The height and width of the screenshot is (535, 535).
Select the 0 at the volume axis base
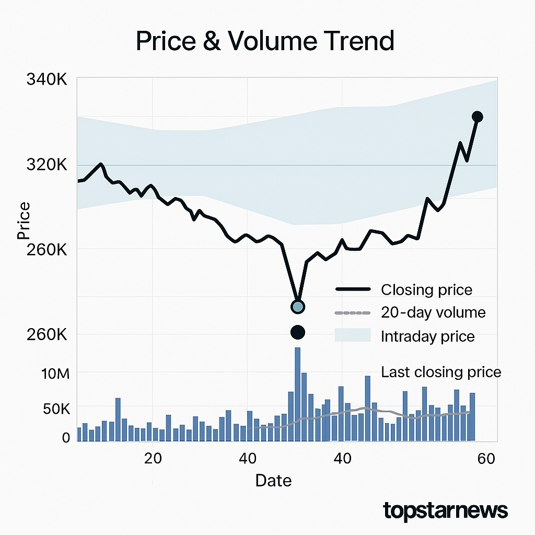coord(66,438)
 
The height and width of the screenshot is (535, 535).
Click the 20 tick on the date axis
coord(153,459)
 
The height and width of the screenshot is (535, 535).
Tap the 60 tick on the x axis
coord(486,459)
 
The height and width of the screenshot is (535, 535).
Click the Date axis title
coord(273,481)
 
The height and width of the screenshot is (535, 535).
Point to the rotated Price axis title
coord(24,220)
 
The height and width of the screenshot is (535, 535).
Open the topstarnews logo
coord(445,510)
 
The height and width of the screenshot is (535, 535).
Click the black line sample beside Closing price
coord(353,289)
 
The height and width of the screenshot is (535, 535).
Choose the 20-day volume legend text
coord(433,312)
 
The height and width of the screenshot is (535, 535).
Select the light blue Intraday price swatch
coord(353,335)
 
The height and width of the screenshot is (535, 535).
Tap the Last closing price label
coord(441,372)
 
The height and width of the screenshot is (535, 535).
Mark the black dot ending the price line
coord(477,117)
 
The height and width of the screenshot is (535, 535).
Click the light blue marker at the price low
coord(297,307)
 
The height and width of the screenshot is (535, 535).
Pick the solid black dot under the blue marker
coord(297,332)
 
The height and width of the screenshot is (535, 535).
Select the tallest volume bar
coord(297,394)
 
